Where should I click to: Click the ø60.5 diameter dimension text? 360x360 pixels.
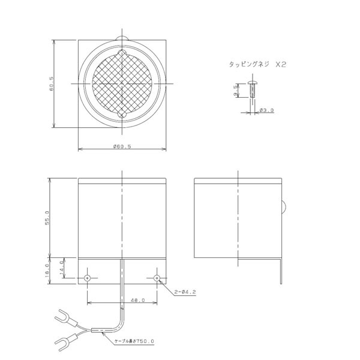[x=122, y=146]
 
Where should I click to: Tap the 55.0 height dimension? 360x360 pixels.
[x=47, y=218]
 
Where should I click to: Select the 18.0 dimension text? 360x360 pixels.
[x=47, y=271]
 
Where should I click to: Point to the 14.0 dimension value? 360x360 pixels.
[x=62, y=268]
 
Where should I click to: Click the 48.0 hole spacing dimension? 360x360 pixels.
[x=138, y=300]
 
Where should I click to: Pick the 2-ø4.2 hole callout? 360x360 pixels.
[x=185, y=292]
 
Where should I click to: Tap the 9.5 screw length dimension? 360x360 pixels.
[x=235, y=91]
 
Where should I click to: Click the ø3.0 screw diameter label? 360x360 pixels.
[x=266, y=110]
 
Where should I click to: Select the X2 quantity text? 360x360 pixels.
[x=281, y=65]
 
